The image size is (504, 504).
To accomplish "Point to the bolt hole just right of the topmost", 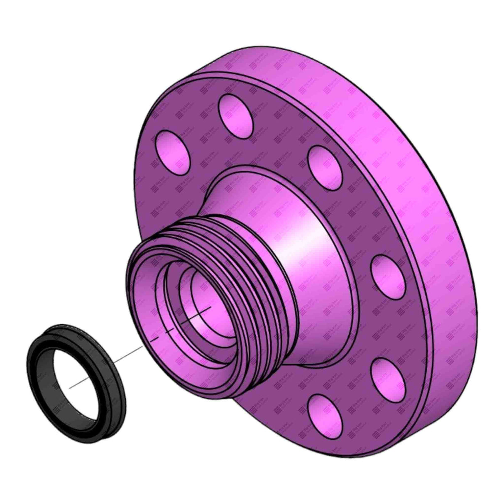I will click(326, 164).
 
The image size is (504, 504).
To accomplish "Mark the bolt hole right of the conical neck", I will click(386, 272).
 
